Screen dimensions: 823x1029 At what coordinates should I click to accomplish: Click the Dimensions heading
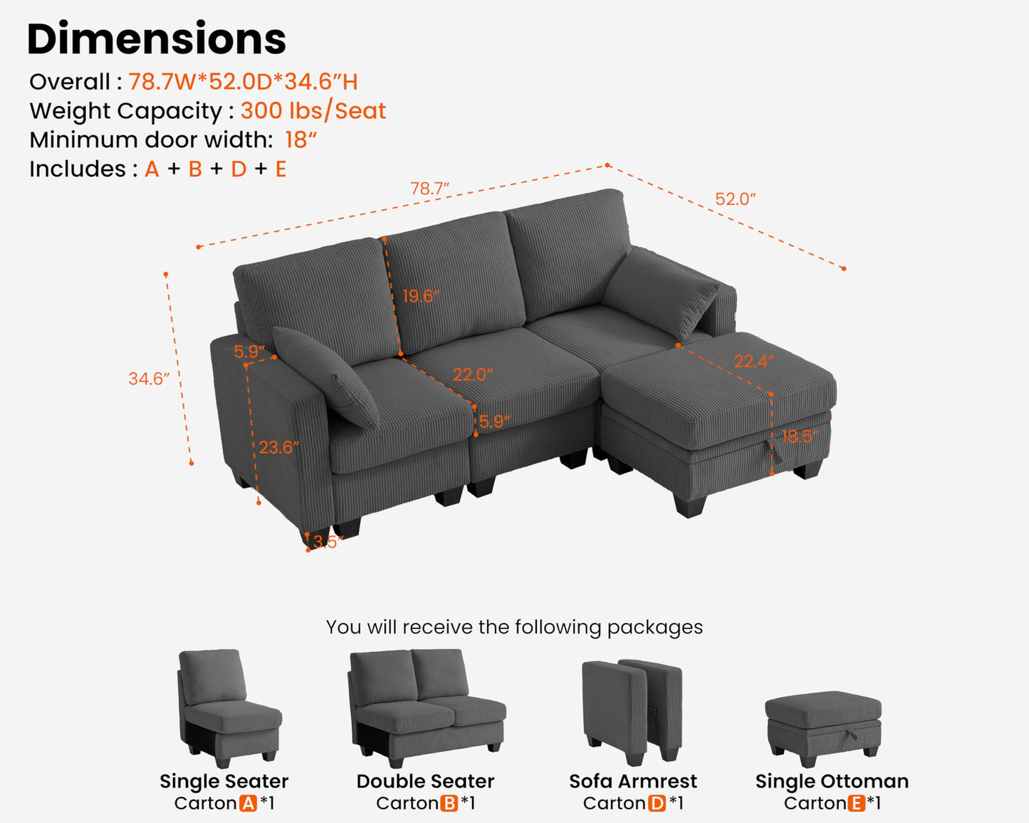(157, 39)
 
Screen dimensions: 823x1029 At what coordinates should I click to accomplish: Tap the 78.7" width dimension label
(429, 189)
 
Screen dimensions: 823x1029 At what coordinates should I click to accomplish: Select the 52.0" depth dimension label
(736, 199)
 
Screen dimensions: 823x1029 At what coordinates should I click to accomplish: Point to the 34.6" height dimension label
(149, 379)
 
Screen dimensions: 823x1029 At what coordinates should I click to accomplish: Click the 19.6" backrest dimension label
(421, 296)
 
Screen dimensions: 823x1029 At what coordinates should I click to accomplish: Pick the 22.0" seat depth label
(473, 374)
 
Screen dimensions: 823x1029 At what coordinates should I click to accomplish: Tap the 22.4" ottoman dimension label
(754, 362)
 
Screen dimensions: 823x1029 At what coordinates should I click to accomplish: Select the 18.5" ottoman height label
(800, 436)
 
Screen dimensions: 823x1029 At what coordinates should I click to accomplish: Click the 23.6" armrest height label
(278, 447)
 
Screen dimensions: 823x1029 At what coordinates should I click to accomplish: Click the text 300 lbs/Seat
(313, 111)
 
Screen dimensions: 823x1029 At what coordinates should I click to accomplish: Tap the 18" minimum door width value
(301, 140)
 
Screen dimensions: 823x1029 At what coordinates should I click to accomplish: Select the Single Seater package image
(228, 708)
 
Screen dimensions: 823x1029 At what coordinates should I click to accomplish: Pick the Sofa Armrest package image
(632, 711)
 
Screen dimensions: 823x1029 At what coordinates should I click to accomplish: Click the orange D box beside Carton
(657, 804)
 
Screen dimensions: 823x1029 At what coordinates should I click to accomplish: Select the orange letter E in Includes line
(281, 169)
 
